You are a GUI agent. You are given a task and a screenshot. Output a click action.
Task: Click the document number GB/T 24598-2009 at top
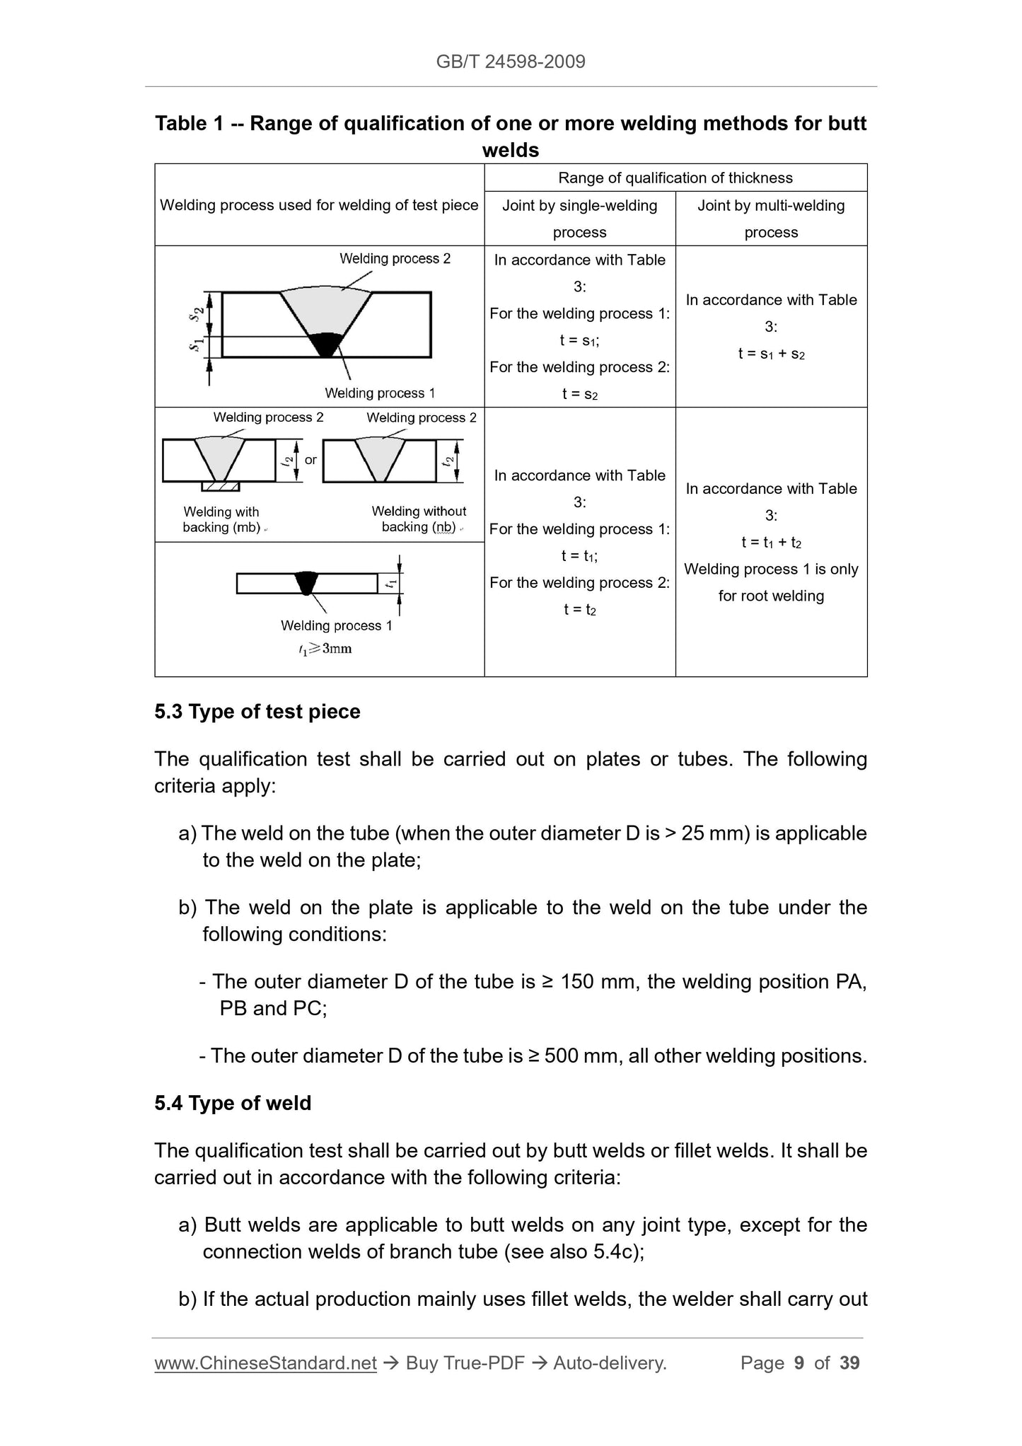[511, 62]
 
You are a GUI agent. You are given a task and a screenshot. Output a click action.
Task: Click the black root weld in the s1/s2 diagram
[327, 344]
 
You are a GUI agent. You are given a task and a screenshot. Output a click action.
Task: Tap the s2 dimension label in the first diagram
[198, 313]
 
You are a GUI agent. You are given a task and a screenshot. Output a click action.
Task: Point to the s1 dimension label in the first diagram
[197, 346]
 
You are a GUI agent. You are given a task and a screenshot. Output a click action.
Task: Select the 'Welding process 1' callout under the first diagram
[380, 393]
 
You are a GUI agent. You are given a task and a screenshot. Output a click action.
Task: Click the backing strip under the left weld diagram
[220, 487]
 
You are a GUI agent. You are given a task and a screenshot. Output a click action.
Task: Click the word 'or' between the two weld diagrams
[310, 460]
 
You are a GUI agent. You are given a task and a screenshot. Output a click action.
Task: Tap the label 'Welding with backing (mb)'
[221, 519]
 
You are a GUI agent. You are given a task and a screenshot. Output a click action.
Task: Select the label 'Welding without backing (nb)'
[419, 519]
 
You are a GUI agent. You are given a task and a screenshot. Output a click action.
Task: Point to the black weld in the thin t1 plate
[307, 582]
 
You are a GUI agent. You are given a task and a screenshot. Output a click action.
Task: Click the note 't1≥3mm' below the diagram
[325, 649]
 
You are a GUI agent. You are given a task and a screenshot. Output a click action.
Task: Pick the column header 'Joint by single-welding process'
[579, 219]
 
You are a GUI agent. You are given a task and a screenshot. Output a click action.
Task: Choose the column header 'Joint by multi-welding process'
[771, 219]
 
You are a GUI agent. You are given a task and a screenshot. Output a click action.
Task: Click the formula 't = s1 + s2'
[771, 354]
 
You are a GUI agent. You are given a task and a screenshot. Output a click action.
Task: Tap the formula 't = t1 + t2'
[771, 543]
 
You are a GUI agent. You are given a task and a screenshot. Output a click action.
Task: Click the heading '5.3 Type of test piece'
[257, 712]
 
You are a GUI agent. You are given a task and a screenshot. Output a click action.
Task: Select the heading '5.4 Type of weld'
[233, 1103]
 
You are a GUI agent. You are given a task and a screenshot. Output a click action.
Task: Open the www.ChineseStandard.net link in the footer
[265, 1363]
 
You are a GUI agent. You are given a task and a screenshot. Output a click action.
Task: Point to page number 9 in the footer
[799, 1363]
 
